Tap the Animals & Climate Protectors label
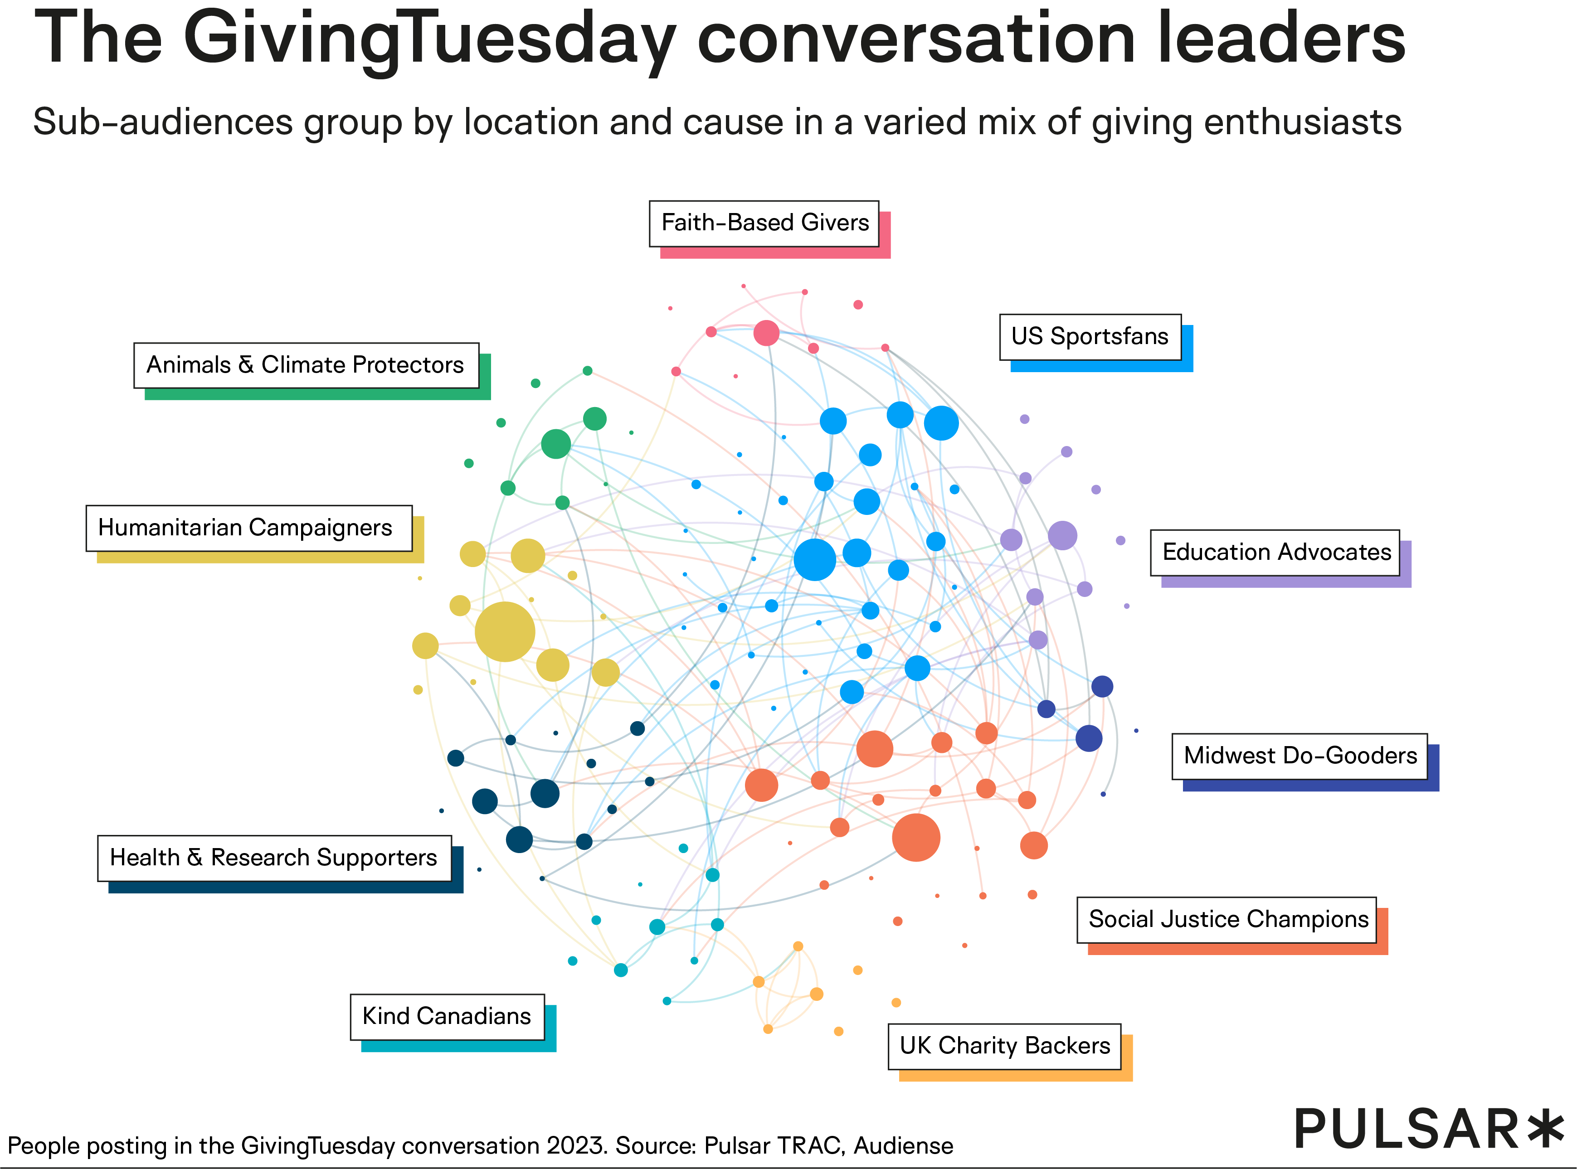(x=306, y=365)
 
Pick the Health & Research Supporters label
(x=274, y=858)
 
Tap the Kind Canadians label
(x=447, y=1016)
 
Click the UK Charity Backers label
(x=1004, y=1046)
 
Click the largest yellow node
(x=505, y=631)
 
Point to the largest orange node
(x=916, y=837)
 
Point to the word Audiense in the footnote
(x=903, y=1145)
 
